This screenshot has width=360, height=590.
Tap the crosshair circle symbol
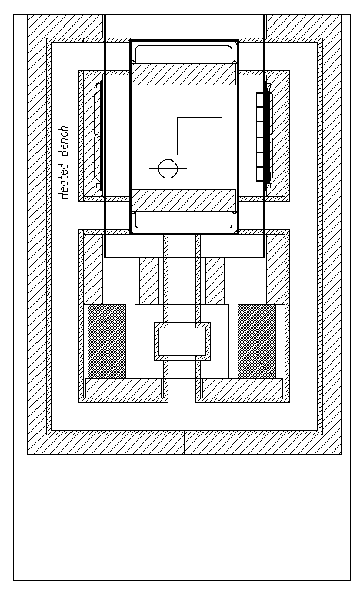168,168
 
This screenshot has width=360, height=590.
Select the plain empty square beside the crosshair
199,136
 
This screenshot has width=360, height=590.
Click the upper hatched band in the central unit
183,74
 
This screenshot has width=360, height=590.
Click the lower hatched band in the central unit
183,200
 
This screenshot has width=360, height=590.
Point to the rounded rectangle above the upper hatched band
184,54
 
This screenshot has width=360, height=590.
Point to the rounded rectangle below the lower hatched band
184,220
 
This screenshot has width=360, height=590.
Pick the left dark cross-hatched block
107,342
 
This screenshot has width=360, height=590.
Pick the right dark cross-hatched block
257,342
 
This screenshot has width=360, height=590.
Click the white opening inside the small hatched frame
182,342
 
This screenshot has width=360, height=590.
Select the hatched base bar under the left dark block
123,388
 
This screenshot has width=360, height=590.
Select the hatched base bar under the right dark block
242,388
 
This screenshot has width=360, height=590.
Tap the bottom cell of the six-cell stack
260,174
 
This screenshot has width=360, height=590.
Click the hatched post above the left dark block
93,269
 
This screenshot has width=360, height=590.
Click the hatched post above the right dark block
275,269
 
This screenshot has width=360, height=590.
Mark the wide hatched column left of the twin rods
149,281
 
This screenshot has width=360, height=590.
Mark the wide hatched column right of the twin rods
215,281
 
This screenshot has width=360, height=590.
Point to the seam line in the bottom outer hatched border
184,444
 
